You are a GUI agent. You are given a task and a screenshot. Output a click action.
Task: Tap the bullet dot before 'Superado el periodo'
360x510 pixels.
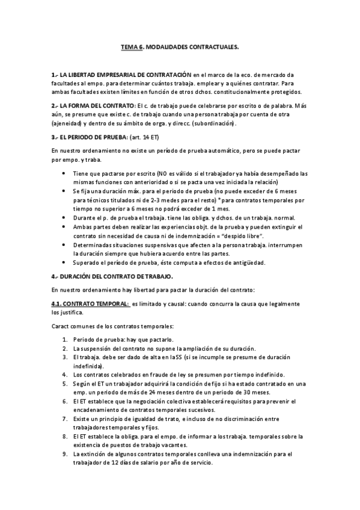65,262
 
